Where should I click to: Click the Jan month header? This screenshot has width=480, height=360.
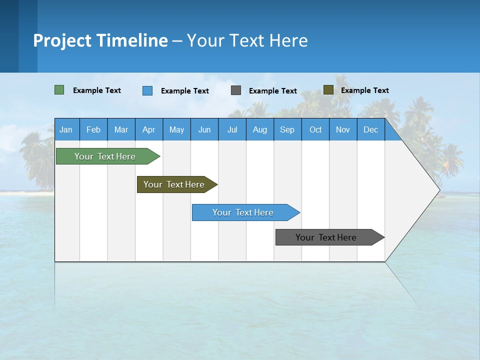coord(66,129)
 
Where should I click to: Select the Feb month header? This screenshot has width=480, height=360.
coord(93,129)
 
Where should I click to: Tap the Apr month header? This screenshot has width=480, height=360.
coord(148,129)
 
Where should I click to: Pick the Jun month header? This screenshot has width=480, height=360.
coord(204,129)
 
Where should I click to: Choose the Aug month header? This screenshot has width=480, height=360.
coord(259,129)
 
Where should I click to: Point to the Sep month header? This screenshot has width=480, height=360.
coord(287,129)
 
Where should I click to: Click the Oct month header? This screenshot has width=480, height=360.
coord(315,129)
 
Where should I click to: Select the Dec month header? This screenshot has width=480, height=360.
coord(370,129)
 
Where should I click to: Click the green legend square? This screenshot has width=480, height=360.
coord(59,90)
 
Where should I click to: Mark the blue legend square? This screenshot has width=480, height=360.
coord(147,90)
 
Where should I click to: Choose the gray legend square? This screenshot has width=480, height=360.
coord(236,90)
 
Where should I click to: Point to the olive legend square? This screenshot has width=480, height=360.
coord(328,90)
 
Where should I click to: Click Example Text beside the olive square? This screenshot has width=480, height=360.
coord(364,90)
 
